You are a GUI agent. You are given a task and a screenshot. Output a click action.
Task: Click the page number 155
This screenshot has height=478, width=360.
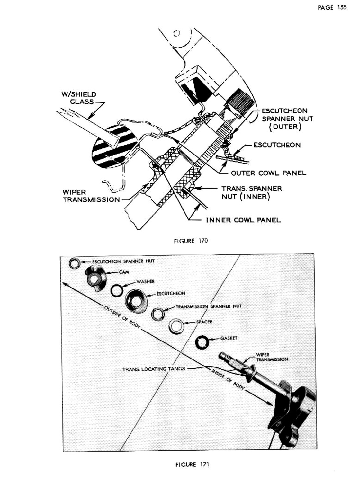pos(332,7)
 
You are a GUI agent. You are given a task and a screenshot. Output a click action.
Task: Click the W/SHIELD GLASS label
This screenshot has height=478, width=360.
pos(79,98)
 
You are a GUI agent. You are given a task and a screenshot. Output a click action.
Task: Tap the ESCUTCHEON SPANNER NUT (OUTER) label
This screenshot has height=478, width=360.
pos(287,119)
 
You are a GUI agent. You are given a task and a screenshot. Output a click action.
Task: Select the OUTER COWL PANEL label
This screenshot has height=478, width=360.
pos(268,173)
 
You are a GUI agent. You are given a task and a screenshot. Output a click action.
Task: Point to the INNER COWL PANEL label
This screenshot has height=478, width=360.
pos(243,220)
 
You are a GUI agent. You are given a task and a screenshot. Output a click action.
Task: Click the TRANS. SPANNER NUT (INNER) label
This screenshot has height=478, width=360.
pos(251,192)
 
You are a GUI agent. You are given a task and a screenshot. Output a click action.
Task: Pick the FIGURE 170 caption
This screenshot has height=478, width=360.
pos(191,241)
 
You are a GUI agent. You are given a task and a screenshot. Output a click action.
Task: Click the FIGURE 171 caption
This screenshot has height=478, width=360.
pos(192,464)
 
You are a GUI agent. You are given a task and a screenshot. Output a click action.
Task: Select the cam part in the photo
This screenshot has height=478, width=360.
pos(95,278)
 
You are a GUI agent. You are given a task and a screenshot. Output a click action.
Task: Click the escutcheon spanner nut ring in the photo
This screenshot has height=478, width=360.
pos(75,263)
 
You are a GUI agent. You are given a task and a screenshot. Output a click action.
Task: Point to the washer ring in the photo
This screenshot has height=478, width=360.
pos(117,291)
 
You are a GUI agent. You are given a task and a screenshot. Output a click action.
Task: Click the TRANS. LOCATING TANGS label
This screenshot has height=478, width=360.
pos(154,369)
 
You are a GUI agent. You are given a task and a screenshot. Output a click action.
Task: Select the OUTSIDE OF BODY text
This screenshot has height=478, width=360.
pos(122,317)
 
